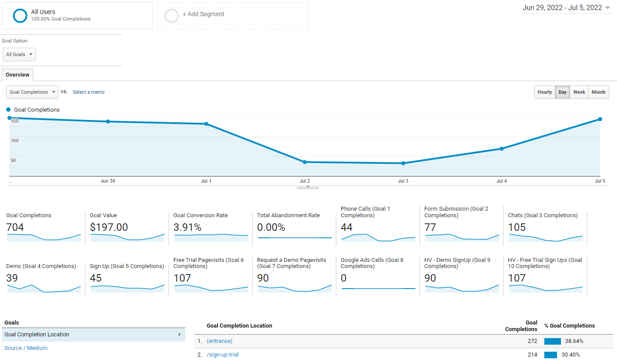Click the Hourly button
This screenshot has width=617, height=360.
point(544,92)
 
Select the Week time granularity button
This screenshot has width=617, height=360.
point(579,92)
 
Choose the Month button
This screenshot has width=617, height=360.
point(598,92)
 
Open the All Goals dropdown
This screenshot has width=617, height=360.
point(19,54)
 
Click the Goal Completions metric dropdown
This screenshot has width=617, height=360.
point(32,92)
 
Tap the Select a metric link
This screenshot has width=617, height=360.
point(88,92)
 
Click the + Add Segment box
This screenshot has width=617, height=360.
point(233,16)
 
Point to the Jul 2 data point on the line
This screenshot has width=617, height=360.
point(305,162)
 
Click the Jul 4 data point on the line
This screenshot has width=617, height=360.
point(501,148)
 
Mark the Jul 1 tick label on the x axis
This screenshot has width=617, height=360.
point(206,181)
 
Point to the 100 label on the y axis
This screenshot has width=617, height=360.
point(15,141)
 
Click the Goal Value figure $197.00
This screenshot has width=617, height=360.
point(109,227)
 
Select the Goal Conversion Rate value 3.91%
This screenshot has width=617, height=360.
point(187,227)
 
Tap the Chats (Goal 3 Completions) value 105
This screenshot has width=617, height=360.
point(517,227)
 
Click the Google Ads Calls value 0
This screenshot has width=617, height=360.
point(344,278)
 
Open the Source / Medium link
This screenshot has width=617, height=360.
point(26,348)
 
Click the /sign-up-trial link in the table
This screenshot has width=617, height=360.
point(222,355)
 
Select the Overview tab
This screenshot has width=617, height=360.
point(18,75)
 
